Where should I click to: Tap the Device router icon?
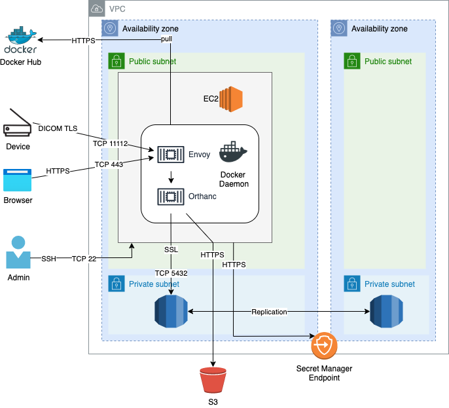click(18, 123)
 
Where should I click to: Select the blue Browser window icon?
click(17, 179)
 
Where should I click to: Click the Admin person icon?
click(18, 252)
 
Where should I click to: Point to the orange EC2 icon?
click(231, 99)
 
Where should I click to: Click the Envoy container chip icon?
click(170, 154)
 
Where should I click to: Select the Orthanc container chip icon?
click(170, 196)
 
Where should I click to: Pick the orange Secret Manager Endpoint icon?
click(323, 345)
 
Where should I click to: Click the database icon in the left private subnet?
click(171, 312)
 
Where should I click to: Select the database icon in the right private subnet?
click(386, 312)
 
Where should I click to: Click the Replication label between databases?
click(269, 312)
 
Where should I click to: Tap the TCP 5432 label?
click(171, 272)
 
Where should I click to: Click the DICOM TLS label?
click(58, 128)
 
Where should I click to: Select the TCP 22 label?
click(84, 259)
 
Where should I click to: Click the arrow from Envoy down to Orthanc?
click(171, 176)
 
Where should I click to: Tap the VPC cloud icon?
click(97, 9)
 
